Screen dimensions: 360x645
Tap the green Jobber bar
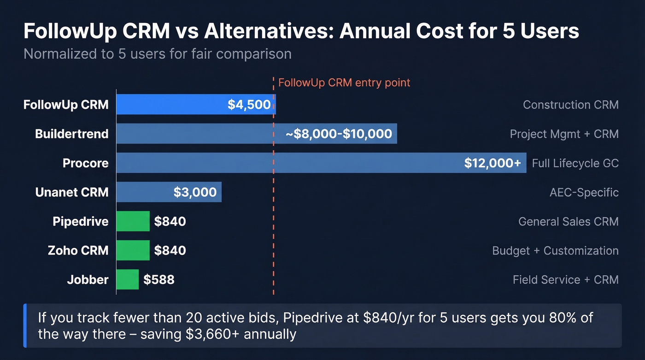pos(127,279)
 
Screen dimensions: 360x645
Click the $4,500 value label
pos(249,105)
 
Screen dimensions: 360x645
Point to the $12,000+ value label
pos(493,163)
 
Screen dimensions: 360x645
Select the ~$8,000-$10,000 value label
pos(339,134)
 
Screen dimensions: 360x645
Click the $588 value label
pos(159,280)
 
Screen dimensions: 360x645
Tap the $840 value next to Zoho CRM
pos(170,250)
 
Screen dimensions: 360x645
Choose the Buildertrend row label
pos(72,134)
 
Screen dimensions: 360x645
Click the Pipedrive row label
pos(81,221)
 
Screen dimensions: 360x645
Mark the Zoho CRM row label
pos(78,250)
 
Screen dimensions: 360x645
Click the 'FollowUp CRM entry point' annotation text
pos(344,83)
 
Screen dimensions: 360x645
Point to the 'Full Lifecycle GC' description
pos(575,163)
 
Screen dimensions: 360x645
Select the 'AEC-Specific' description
pos(584,192)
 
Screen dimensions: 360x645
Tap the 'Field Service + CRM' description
pos(565,280)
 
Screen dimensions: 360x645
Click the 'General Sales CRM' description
pos(568,222)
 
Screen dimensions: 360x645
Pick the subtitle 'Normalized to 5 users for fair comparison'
pos(158,54)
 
